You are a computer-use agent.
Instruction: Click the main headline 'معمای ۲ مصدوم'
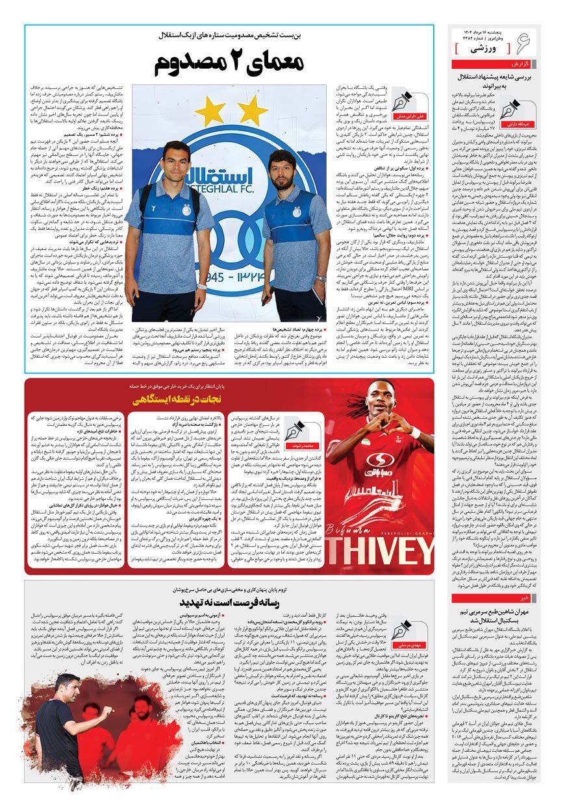coord(229,64)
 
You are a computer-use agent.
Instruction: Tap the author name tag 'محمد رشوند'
coord(304,447)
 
